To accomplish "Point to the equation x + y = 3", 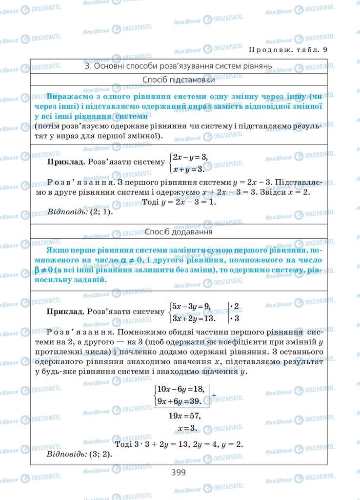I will [x=187, y=169].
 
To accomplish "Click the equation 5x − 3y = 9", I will [x=190, y=307].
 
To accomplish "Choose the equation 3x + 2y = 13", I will [x=194, y=318].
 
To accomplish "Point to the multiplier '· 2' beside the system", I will [x=235, y=307].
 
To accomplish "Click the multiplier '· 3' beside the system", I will [x=235, y=319].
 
